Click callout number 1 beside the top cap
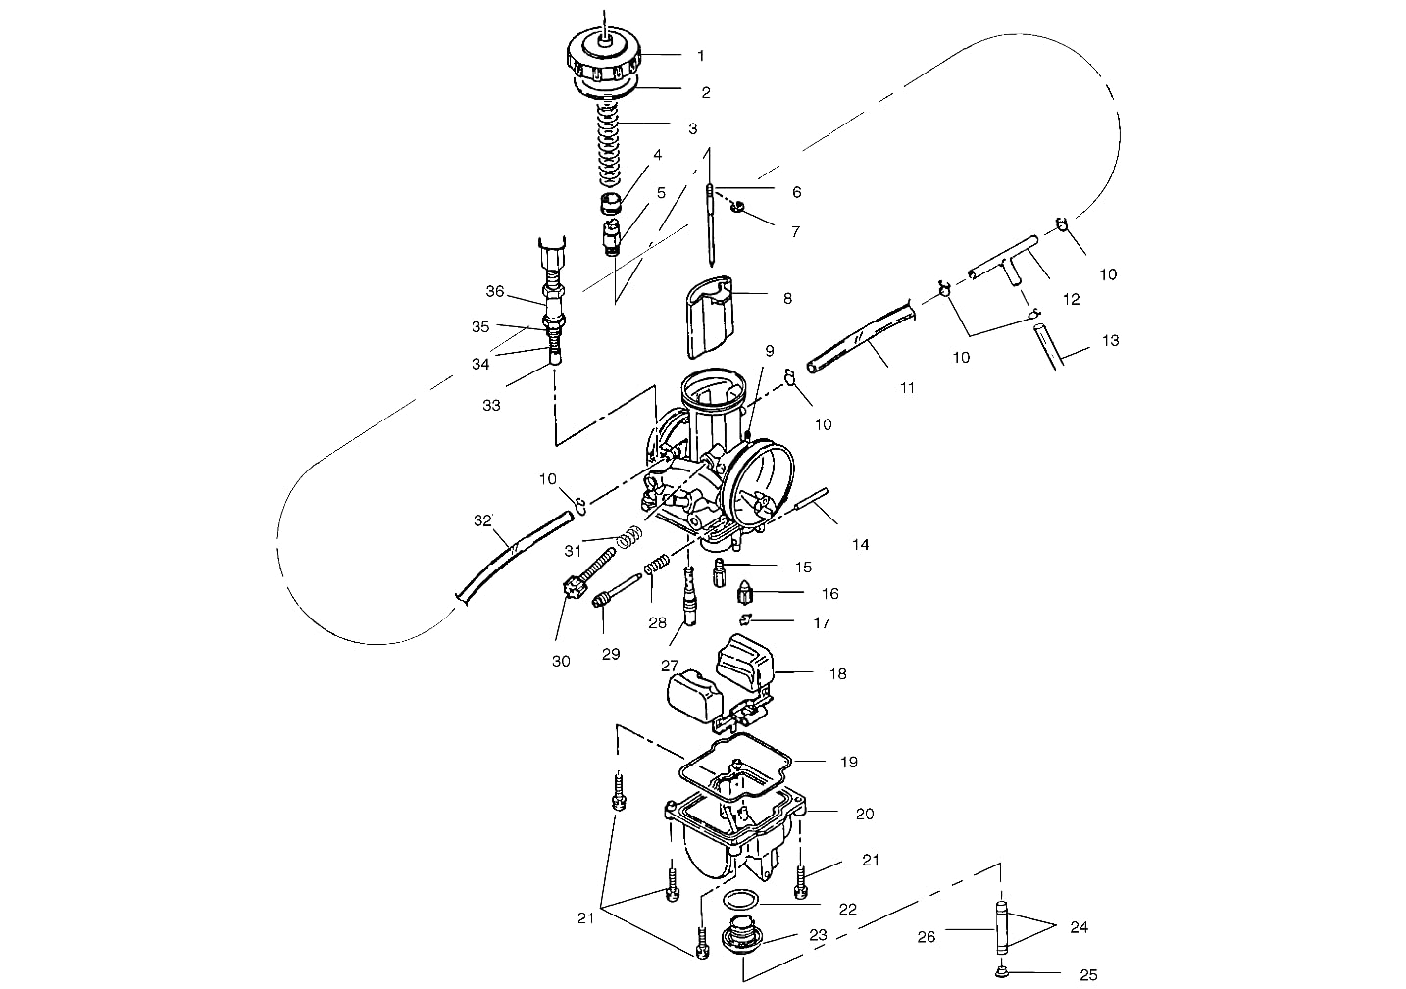[700, 56]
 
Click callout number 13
[1110, 341]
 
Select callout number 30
[560, 661]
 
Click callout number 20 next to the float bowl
[864, 814]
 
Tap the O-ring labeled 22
[741, 901]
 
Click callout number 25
[1087, 974]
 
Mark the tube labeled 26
[1001, 928]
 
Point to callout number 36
[495, 291]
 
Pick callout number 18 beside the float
[837, 673]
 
